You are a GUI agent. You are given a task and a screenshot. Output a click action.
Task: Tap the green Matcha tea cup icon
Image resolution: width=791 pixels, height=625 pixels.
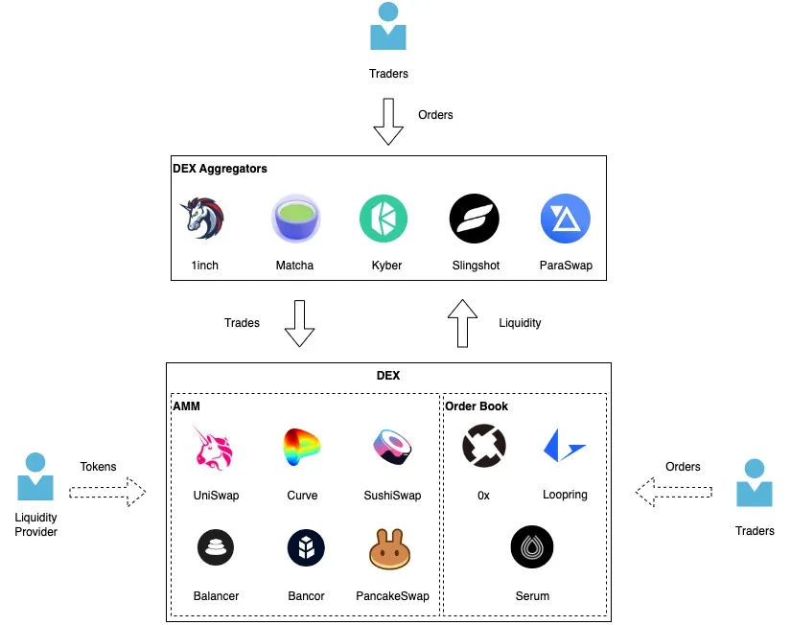tap(295, 219)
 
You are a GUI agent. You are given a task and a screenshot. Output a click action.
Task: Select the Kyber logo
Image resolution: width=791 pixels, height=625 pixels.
tap(384, 219)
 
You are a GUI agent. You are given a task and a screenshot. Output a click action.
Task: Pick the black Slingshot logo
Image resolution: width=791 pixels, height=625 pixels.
tap(475, 219)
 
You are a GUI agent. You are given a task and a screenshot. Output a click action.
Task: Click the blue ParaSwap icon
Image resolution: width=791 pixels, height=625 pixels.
tap(565, 219)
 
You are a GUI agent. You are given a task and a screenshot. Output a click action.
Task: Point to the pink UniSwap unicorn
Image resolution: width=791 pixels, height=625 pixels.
tap(216, 448)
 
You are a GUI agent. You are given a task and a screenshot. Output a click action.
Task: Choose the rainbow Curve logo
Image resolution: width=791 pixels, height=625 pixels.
tap(302, 448)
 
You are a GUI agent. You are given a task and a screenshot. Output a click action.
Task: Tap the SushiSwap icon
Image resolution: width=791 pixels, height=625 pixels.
tap(392, 448)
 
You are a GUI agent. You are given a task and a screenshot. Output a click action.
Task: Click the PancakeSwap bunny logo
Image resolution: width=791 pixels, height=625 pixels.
tap(392, 548)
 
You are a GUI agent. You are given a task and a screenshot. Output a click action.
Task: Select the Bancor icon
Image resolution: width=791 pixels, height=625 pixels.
tap(306, 548)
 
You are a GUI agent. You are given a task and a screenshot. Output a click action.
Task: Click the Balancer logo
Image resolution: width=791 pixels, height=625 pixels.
tap(216, 548)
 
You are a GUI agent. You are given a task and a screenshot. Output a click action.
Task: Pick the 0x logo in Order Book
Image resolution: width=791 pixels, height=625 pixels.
tap(483, 447)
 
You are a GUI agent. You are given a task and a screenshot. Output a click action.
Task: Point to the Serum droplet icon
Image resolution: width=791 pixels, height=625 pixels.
tap(532, 548)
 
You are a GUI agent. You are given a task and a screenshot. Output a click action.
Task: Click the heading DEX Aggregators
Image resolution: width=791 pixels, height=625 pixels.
tap(220, 169)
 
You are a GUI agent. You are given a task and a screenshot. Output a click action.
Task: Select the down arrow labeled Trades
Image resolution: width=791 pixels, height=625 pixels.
tap(300, 323)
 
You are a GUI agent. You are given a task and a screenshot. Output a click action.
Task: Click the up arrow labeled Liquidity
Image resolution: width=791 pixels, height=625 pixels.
tap(463, 323)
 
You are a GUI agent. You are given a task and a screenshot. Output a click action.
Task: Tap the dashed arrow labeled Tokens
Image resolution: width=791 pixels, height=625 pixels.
tap(107, 493)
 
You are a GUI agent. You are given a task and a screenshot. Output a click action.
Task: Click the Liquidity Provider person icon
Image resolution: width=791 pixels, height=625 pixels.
tap(36, 476)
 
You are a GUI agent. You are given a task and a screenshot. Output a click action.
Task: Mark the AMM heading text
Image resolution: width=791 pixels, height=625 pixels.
tap(186, 406)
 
